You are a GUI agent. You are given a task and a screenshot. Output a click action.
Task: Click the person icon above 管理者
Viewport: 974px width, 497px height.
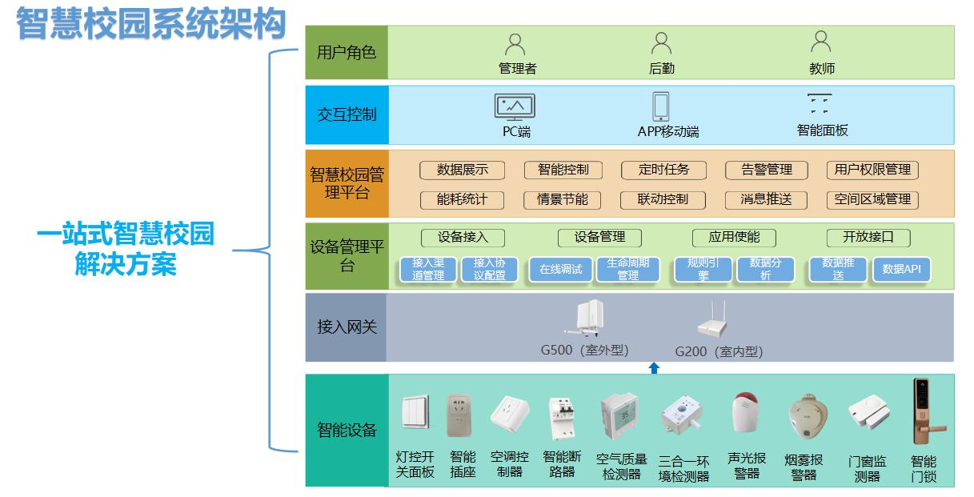pos(516,43)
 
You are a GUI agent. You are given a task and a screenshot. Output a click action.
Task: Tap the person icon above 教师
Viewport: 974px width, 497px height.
pos(821,43)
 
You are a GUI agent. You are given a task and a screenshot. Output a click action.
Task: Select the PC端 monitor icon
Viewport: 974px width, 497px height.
pos(515,107)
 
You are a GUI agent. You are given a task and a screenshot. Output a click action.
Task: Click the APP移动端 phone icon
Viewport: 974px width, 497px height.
pos(661,106)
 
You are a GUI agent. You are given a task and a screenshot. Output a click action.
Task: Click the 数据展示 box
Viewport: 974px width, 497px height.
pos(462,170)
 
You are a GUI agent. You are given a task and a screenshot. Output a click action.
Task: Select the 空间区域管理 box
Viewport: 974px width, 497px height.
pos(872,199)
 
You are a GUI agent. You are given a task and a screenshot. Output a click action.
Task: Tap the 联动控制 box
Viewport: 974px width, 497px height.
pos(662,199)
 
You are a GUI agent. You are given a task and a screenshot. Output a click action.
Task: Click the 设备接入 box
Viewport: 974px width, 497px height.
pos(462,238)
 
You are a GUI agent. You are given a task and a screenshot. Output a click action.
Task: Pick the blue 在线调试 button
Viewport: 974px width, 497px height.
pos(559,270)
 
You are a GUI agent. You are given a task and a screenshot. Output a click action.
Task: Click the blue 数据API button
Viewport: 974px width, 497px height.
pos(901,270)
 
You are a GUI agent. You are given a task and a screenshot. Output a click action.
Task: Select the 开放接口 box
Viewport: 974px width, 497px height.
pos(868,238)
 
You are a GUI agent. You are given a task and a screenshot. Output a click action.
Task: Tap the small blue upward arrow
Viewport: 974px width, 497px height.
pos(654,367)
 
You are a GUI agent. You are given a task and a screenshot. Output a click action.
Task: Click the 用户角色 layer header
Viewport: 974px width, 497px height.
pos(347,52)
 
